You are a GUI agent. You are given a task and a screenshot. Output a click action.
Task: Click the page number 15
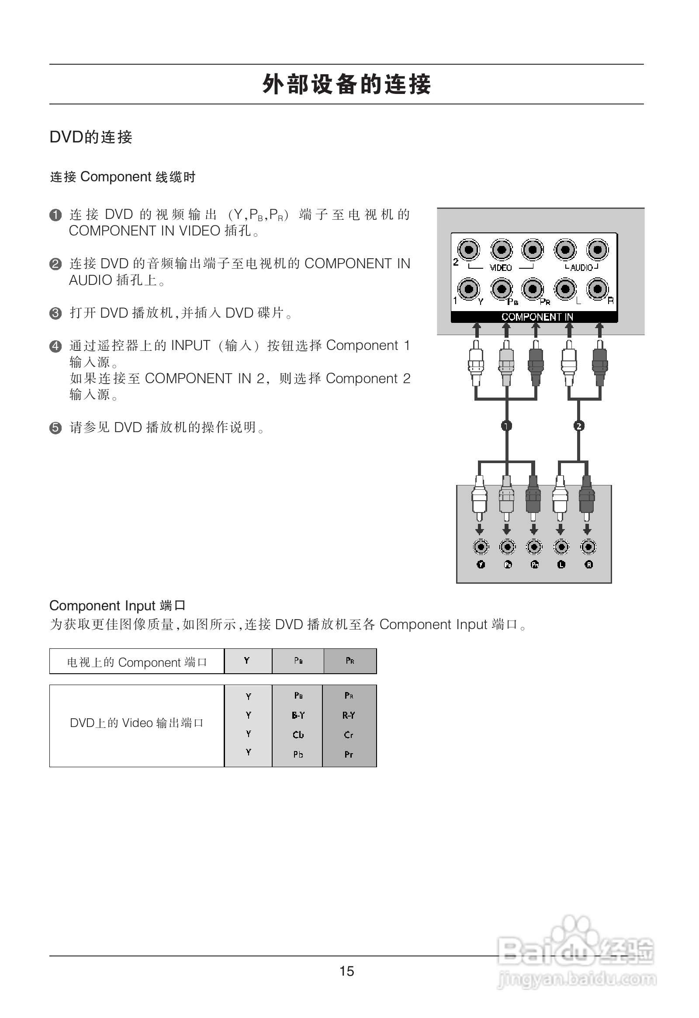(346, 971)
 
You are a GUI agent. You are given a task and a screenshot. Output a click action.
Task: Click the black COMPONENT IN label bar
(534, 316)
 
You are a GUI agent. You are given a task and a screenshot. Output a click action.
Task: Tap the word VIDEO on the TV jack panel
(501, 267)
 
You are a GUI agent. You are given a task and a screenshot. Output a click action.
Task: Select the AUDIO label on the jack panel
(581, 267)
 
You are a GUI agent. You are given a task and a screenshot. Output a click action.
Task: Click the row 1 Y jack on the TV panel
(469, 288)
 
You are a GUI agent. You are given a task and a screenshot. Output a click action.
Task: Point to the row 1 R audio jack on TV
(597, 288)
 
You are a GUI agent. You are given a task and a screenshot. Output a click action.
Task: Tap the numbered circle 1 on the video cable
(506, 426)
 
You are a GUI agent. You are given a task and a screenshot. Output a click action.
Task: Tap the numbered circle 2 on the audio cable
(578, 426)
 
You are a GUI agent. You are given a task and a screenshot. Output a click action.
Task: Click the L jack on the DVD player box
(561, 547)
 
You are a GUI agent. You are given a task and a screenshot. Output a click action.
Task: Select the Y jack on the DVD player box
(481, 547)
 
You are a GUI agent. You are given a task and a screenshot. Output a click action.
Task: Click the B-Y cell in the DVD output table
(298, 715)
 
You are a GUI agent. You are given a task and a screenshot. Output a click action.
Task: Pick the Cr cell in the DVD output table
(349, 734)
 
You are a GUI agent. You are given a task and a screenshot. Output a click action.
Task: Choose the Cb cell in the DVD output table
(298, 734)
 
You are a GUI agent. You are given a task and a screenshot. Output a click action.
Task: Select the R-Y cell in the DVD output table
(349, 715)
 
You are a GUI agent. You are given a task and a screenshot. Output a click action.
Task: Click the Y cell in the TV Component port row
(247, 661)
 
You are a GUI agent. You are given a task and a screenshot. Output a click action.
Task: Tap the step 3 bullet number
(55, 313)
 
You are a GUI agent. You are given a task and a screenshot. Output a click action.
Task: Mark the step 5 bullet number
(55, 428)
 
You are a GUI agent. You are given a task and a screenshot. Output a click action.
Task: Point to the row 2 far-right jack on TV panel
(597, 249)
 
